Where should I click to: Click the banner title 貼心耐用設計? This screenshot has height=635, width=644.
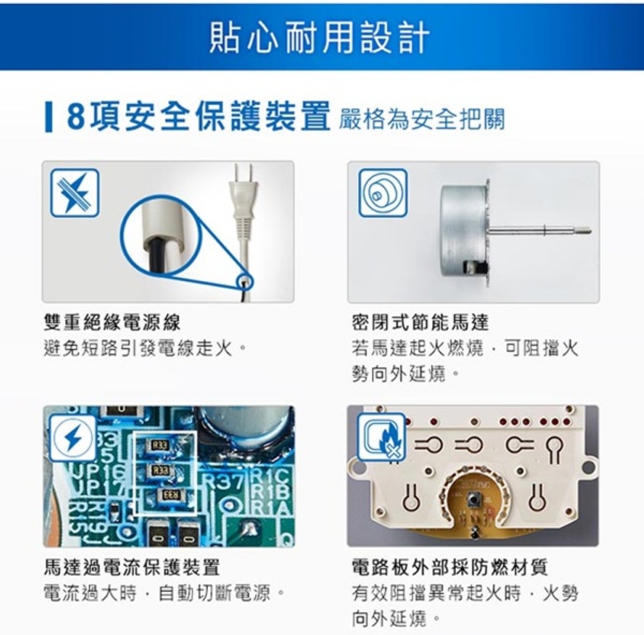[319, 38]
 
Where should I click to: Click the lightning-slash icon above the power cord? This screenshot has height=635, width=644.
[75, 193]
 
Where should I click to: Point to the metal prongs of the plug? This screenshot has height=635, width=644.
[243, 174]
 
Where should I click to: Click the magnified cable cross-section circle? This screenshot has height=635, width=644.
[160, 235]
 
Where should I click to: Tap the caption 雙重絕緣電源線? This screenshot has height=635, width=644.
[111, 322]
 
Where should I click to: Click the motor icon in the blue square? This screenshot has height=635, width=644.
[383, 193]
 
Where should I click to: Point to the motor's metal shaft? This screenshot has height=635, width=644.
[540, 230]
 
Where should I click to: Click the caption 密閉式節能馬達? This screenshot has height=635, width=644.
[421, 322]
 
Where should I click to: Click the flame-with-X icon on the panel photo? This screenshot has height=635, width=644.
[381, 437]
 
